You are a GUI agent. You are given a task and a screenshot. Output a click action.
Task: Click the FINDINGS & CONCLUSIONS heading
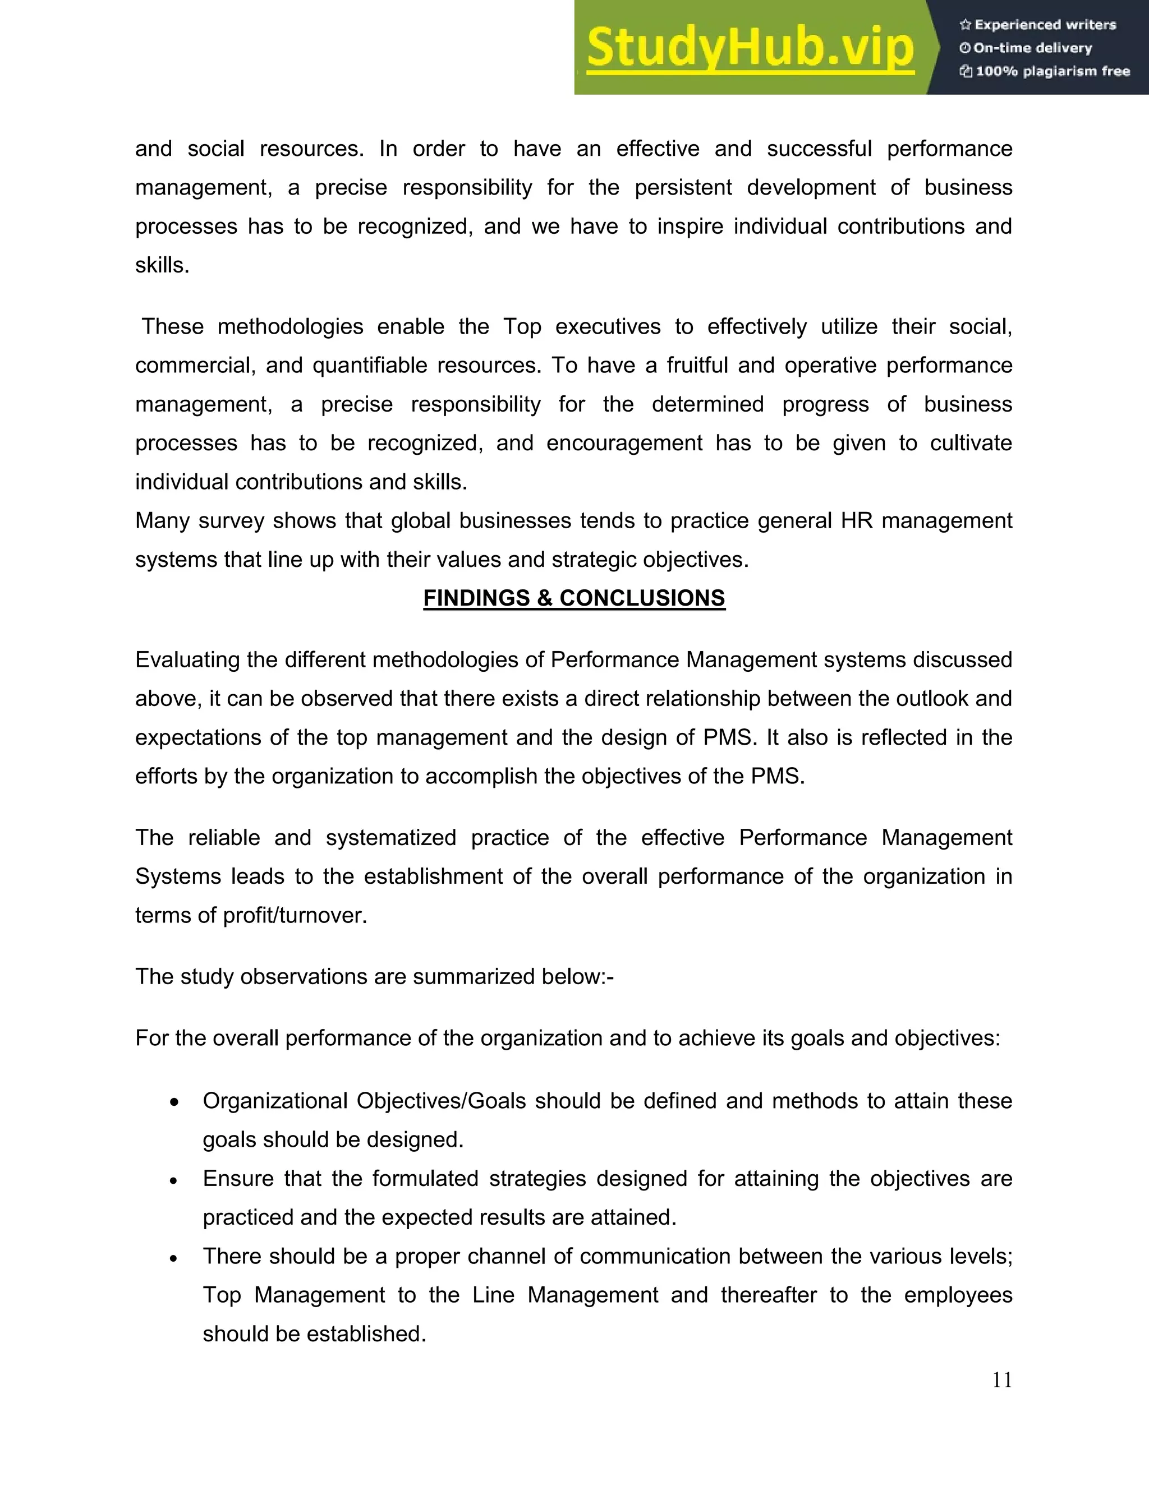(x=574, y=598)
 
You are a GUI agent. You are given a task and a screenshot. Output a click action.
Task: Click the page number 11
(x=1002, y=1381)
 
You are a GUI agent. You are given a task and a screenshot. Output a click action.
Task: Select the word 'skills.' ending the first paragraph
(x=162, y=265)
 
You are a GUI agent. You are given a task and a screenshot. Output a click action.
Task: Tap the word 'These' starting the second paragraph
(x=172, y=326)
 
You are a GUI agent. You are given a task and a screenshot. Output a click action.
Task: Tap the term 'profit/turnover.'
(x=295, y=915)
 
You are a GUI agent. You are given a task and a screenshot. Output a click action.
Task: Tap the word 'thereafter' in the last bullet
(x=769, y=1295)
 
